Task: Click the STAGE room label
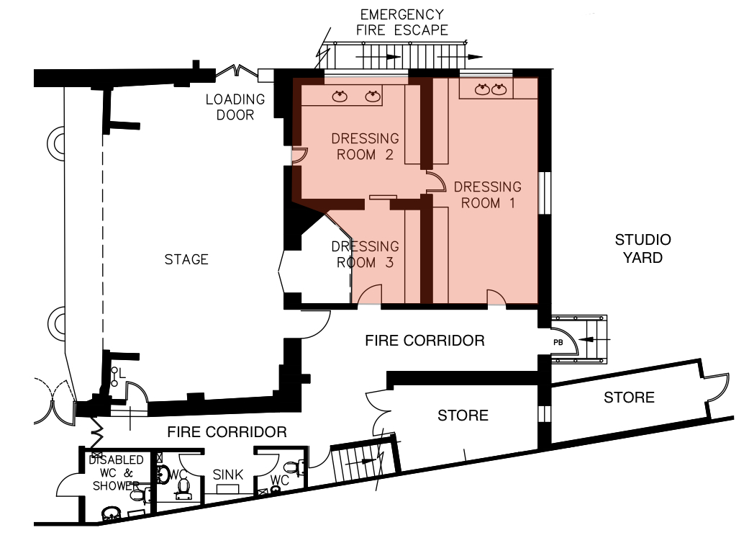186,259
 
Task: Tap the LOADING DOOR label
235,107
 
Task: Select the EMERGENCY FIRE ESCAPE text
402,22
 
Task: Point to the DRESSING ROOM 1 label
487,195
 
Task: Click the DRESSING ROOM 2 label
365,147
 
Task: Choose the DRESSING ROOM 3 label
365,254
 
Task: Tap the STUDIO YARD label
643,248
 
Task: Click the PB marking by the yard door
558,343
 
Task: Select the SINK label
228,475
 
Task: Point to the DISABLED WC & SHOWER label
116,473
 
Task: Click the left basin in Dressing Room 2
340,97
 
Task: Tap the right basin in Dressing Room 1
499,89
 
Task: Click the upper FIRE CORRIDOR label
425,341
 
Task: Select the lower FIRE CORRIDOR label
227,433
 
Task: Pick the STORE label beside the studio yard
629,398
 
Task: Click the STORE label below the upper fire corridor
463,416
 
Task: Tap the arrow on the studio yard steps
594,339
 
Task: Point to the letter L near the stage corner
122,373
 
